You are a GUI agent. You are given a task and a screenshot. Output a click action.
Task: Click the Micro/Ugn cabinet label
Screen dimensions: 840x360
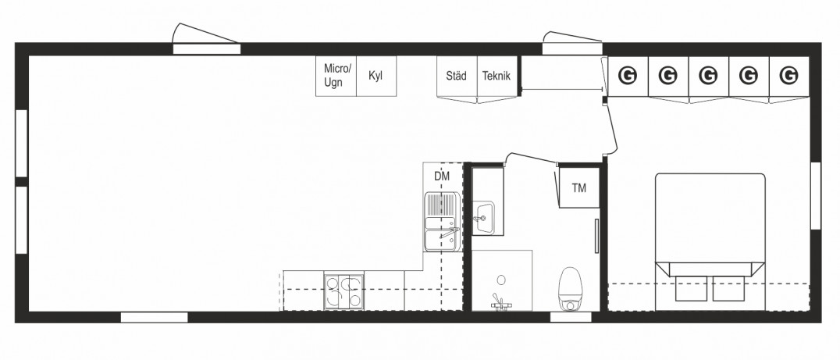click(x=337, y=76)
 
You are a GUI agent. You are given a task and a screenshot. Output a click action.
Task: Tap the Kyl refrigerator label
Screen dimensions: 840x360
click(x=376, y=76)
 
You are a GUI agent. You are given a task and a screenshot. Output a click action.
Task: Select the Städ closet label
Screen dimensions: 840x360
click(x=457, y=76)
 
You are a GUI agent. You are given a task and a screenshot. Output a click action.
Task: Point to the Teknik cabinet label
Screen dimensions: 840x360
click(x=497, y=76)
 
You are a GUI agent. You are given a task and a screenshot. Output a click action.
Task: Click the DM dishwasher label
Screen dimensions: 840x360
click(x=441, y=176)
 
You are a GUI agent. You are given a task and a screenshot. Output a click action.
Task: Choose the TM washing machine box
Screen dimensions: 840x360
click(x=579, y=187)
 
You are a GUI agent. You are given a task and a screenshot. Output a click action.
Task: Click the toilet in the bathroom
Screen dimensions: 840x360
click(x=570, y=289)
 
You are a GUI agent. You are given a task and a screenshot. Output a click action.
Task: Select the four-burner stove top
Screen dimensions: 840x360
click(x=344, y=291)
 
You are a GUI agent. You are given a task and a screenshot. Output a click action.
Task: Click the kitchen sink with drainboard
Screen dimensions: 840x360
click(x=443, y=222)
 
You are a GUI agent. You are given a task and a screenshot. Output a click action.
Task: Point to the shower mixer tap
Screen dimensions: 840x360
click(x=501, y=304)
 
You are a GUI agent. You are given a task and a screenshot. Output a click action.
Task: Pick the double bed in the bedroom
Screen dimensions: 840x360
click(x=710, y=241)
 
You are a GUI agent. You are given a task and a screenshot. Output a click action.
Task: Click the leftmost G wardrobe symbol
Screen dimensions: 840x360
click(x=628, y=76)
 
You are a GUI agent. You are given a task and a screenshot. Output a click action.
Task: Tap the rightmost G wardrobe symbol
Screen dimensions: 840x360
click(x=788, y=76)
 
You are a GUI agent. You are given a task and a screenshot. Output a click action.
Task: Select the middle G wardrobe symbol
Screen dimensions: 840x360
click(x=708, y=76)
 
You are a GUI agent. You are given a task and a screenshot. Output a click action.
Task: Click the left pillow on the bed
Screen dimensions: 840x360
click(x=689, y=288)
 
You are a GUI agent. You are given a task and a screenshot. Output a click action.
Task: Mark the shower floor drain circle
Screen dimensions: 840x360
click(x=501, y=280)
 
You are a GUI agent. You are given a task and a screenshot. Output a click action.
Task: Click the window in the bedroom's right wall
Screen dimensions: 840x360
click(x=816, y=195)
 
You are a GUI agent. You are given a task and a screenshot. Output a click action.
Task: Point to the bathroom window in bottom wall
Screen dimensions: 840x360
click(x=571, y=317)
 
